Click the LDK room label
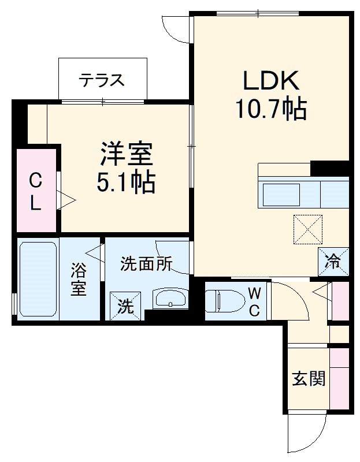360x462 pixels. [x=270, y=82]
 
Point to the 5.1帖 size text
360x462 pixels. [x=125, y=182]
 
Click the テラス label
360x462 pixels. [x=102, y=80]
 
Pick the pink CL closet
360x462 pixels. [x=36, y=191]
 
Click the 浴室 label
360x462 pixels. [x=79, y=280]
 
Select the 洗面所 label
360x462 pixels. [x=146, y=264]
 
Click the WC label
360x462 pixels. [x=254, y=301]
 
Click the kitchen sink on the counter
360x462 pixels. [x=281, y=195]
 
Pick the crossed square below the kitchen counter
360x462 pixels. [x=308, y=229]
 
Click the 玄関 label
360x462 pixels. [x=308, y=379]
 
